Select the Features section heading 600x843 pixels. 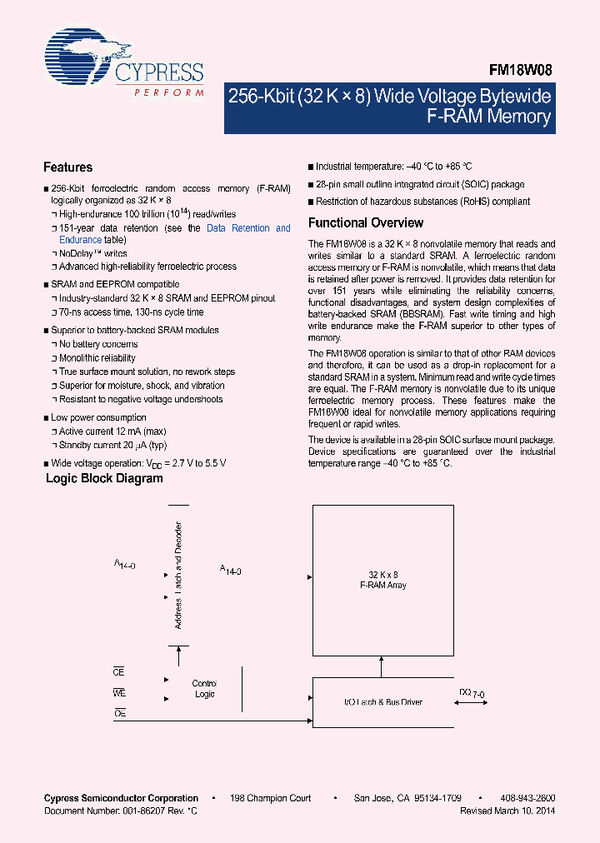click(x=67, y=167)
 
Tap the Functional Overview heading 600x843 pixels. click(x=365, y=223)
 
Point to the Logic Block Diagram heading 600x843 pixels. click(x=104, y=479)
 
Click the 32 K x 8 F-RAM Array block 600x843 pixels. click(x=383, y=580)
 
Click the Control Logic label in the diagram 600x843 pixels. click(x=204, y=688)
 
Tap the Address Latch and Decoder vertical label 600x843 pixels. click(x=177, y=575)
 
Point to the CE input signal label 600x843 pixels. click(x=118, y=671)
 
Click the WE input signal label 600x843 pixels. click(x=118, y=692)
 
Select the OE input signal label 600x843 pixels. click(x=118, y=713)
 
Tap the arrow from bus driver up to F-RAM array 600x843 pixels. click(x=382, y=666)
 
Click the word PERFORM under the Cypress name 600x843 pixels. click(x=169, y=93)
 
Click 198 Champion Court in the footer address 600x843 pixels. click(x=271, y=798)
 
